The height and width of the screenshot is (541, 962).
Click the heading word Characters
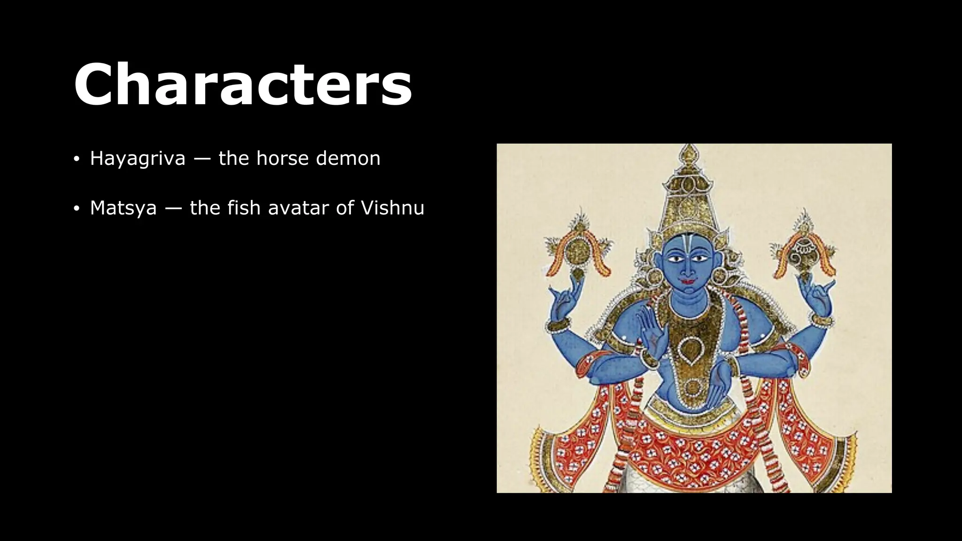pyautogui.click(x=243, y=85)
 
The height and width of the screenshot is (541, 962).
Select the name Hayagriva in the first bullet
pyautogui.click(x=138, y=158)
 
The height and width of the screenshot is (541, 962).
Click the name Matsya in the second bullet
pyautogui.click(x=123, y=208)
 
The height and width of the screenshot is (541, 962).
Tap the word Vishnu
pyautogui.click(x=392, y=208)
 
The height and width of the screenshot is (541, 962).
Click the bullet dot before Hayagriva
pyautogui.click(x=77, y=159)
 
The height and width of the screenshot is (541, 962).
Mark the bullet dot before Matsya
pyautogui.click(x=77, y=209)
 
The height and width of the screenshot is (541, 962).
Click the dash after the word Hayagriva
pyautogui.click(x=202, y=159)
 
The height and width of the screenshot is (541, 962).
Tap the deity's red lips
pyautogui.click(x=686, y=282)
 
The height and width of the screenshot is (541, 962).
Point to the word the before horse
pyautogui.click(x=233, y=158)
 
